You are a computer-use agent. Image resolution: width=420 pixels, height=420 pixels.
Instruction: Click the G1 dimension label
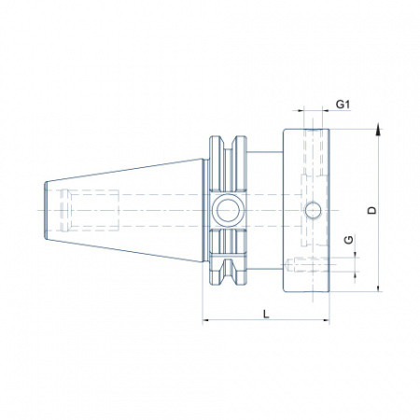[343, 105]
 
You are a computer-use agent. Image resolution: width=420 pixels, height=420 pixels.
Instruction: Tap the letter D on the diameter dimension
[371, 210]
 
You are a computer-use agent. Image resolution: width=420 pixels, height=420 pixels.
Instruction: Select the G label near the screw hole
[349, 240]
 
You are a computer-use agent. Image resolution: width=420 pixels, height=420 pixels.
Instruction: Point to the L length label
[266, 314]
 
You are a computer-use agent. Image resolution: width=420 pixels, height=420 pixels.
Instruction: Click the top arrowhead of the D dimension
[378, 129]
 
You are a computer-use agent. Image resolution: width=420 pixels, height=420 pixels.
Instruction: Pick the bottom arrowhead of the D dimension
[378, 288]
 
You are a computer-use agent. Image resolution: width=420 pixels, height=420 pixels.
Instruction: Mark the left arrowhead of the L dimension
[206, 320]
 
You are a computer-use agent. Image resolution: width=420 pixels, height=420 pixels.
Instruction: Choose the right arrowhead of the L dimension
[326, 320]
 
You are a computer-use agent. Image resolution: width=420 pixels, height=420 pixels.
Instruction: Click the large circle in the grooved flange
[228, 210]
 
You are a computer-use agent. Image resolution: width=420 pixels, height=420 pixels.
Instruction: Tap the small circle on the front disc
[313, 210]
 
